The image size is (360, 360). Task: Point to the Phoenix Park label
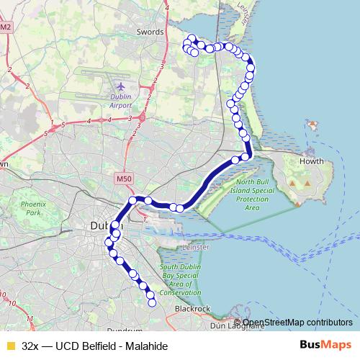(x=32, y=208)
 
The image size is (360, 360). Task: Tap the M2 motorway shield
(x=6, y=27)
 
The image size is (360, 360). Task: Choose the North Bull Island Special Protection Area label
(x=252, y=194)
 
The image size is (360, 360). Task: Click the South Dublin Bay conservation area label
(x=180, y=279)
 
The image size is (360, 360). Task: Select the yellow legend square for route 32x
(x=10, y=345)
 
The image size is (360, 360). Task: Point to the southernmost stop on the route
(x=152, y=303)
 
